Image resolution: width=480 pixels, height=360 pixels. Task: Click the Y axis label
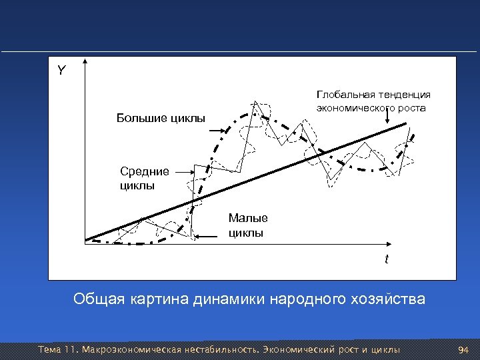(x=61, y=70)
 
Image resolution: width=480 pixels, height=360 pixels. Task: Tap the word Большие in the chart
(x=140, y=119)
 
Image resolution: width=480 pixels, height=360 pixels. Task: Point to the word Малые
(x=248, y=218)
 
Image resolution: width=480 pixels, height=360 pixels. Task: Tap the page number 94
(x=464, y=349)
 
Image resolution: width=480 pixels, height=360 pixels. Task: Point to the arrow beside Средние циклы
(x=182, y=171)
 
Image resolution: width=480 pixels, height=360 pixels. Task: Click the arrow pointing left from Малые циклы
(x=211, y=234)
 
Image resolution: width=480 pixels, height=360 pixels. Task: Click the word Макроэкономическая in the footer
(x=134, y=349)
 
